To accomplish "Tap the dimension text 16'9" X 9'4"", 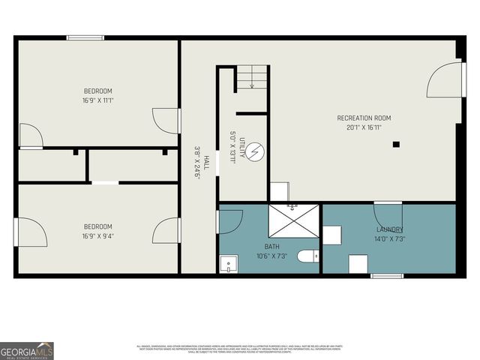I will point(97,236).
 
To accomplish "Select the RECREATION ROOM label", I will point(364,118).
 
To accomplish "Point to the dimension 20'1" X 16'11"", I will point(364,127).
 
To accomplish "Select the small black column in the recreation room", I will point(397,144).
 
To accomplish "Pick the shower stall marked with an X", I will point(295,224).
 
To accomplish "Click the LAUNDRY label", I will point(389,229).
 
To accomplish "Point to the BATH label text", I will point(271,246).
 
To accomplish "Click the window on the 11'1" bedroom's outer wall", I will point(85,37).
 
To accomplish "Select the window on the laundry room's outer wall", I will point(387,276).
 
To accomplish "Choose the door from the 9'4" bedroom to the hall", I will point(166,230).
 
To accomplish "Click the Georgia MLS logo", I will point(27,350).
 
